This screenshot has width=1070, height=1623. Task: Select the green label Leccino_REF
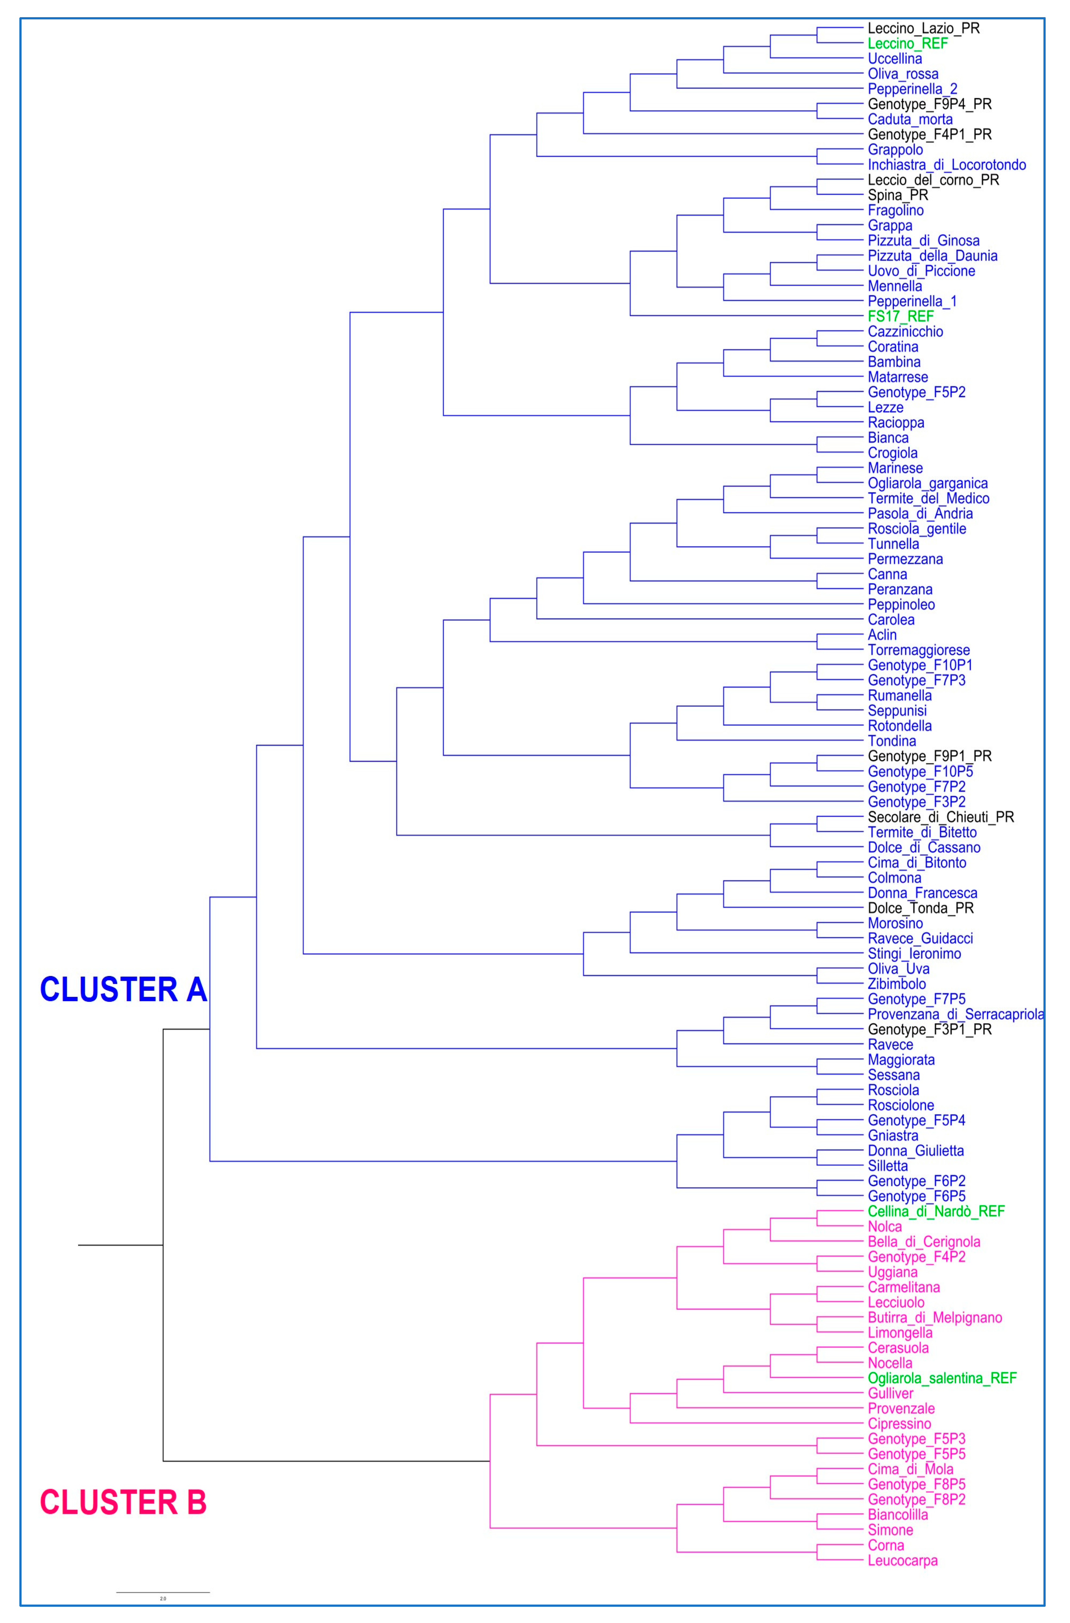[908, 44]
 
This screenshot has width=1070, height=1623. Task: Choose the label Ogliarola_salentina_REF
[942, 1378]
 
